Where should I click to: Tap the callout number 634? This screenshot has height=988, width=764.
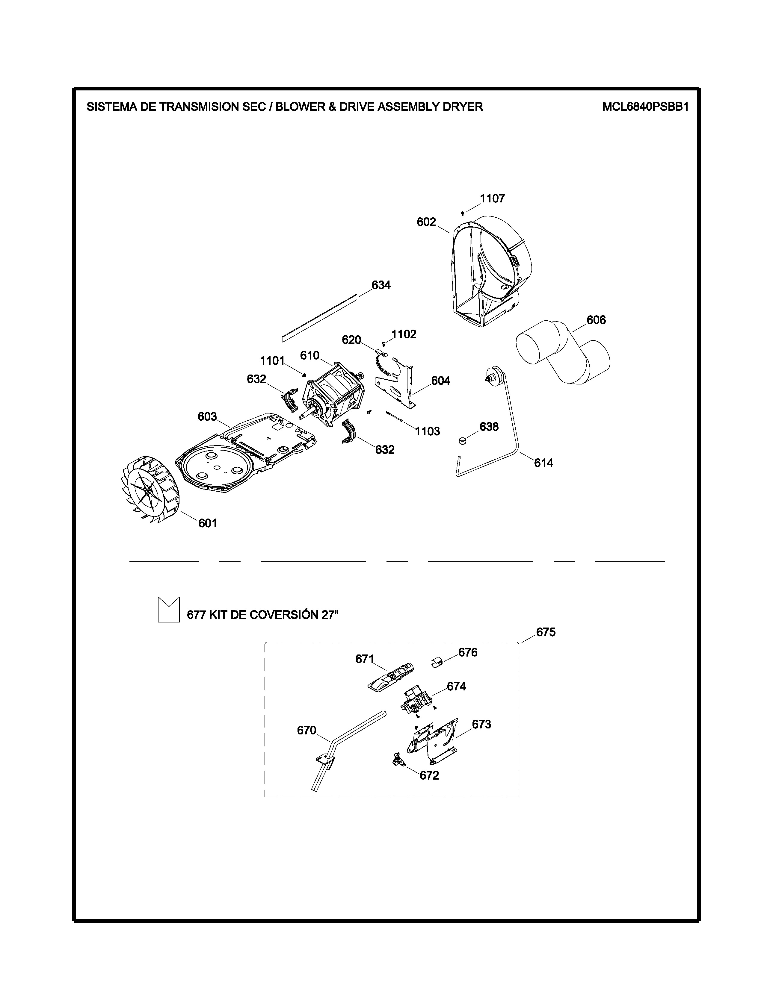click(x=381, y=285)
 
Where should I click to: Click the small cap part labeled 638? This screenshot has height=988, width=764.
click(x=462, y=440)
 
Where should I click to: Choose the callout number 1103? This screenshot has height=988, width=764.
click(x=428, y=431)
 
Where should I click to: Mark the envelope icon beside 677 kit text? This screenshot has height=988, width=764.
click(x=169, y=609)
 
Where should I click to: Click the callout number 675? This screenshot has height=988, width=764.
click(x=546, y=632)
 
